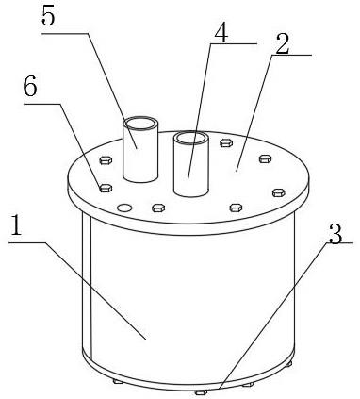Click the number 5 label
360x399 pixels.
pos(49,16)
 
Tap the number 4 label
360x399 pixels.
pos(221,33)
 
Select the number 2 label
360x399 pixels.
pos(283,44)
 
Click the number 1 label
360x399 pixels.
pos(16,224)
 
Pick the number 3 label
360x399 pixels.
pos(335,234)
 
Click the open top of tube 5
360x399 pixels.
pos(140,123)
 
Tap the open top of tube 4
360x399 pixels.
pos(191,138)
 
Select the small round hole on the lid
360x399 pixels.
pos(124,208)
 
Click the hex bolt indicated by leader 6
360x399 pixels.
pos(106,189)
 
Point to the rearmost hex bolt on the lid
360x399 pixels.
pos(226,143)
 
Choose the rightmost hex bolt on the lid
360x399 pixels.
pos(279,192)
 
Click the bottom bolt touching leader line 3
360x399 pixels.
pos(201,392)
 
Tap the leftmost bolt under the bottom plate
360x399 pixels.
pos(118,382)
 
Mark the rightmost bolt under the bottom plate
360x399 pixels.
pos(289,364)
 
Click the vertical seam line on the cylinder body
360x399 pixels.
pos(90,286)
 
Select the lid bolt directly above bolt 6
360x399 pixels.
pos(106,160)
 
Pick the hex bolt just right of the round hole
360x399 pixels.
pos(158,208)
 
